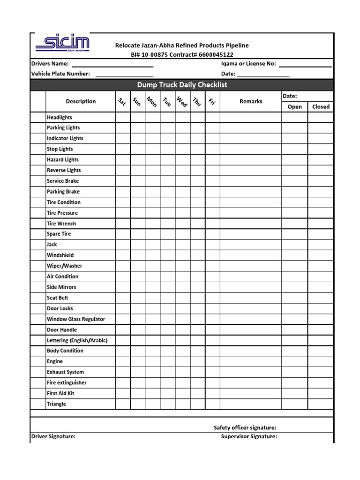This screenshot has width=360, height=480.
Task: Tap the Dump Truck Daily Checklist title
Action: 182,85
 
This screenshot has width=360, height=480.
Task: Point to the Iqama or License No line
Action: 305,65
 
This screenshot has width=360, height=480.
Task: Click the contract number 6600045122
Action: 216,55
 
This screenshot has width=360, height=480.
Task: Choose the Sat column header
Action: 122,102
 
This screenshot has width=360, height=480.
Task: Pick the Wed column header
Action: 182,102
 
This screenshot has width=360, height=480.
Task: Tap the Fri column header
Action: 212,102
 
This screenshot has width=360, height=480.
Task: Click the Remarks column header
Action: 251,101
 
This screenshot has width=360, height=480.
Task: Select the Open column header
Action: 294,107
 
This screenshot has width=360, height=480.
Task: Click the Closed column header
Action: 321,107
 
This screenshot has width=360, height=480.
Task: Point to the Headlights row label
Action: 60,117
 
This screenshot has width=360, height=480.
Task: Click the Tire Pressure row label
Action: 62,213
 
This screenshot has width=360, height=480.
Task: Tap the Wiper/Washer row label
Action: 64,266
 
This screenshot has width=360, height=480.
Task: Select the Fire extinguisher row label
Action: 67,382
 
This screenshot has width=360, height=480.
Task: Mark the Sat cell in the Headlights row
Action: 123,117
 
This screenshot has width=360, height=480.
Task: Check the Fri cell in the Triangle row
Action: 212,404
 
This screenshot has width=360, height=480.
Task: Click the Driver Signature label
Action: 53,436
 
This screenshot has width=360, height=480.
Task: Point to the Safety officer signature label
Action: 245,427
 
